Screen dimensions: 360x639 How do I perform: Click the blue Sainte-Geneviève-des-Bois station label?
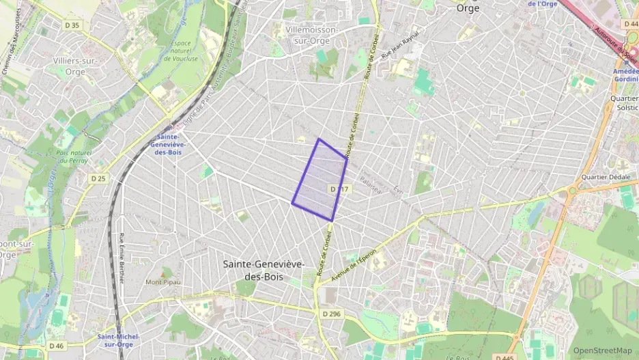tap(168, 143)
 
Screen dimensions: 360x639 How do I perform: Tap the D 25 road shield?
tap(98, 178)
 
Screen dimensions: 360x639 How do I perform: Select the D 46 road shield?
tap(56, 346)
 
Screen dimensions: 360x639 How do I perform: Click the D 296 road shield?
tap(330, 314)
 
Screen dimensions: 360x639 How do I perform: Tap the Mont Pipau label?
tap(161, 281)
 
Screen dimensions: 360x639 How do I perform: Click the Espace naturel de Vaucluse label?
tap(177, 51)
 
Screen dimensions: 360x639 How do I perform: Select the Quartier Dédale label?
tap(605, 176)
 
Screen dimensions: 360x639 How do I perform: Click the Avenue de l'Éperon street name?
tap(354, 267)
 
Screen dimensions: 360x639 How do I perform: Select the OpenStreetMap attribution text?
tap(602, 350)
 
